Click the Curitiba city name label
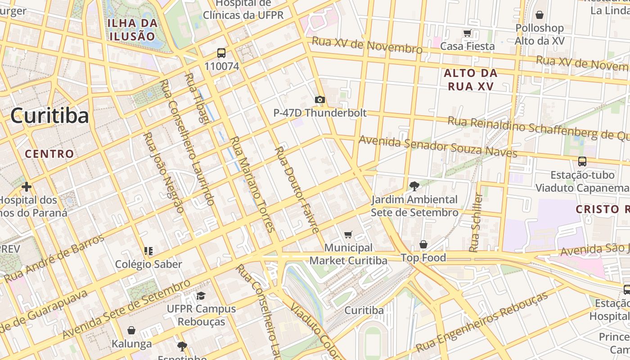(x=49, y=116)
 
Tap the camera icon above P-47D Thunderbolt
(x=319, y=99)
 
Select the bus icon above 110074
(x=221, y=53)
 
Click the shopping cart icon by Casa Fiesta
(x=467, y=33)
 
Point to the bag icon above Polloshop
(x=539, y=15)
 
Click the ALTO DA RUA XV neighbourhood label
(x=470, y=80)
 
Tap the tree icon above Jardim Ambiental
(x=414, y=186)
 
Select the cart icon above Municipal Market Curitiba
(x=348, y=234)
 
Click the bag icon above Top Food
(x=423, y=244)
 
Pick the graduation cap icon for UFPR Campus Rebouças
(x=201, y=296)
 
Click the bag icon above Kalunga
(x=131, y=331)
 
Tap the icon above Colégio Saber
(x=148, y=251)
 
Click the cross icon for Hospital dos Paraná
(x=27, y=186)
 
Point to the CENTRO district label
(x=49, y=154)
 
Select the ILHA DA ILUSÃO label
(x=132, y=30)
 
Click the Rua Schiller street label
(x=476, y=223)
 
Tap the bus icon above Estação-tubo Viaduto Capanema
(x=582, y=161)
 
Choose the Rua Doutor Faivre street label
(x=297, y=189)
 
